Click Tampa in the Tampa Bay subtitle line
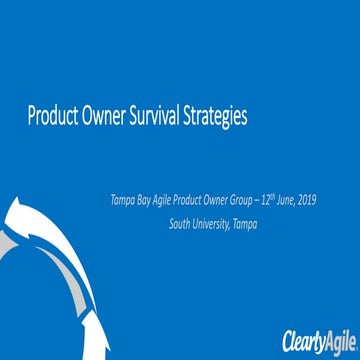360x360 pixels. (124, 200)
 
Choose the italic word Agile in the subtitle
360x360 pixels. (166, 200)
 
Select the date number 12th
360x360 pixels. (280, 200)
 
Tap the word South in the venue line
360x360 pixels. (180, 224)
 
